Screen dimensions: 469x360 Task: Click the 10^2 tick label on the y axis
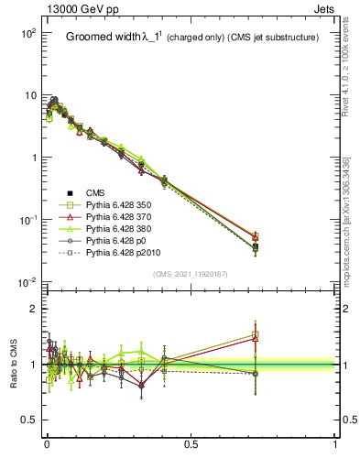[27, 33]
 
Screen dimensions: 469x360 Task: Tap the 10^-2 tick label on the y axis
[27, 283]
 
